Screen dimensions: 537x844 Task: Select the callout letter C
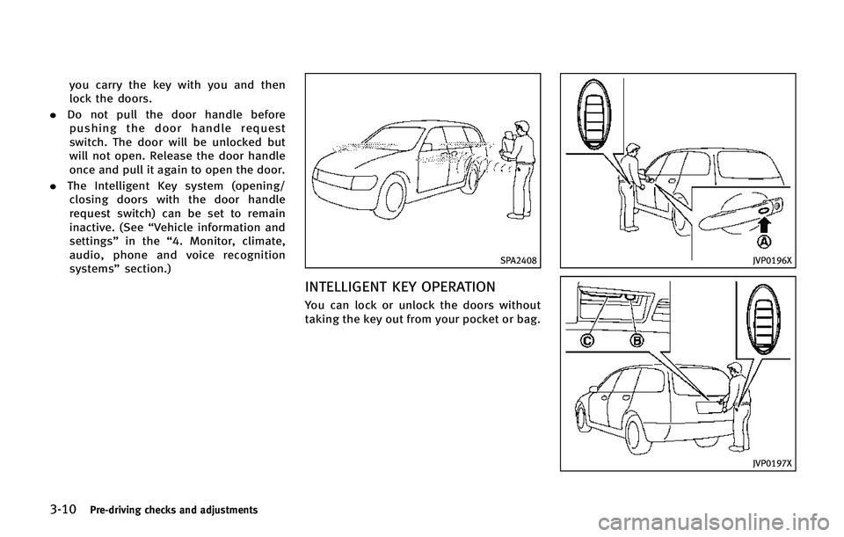(x=587, y=339)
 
